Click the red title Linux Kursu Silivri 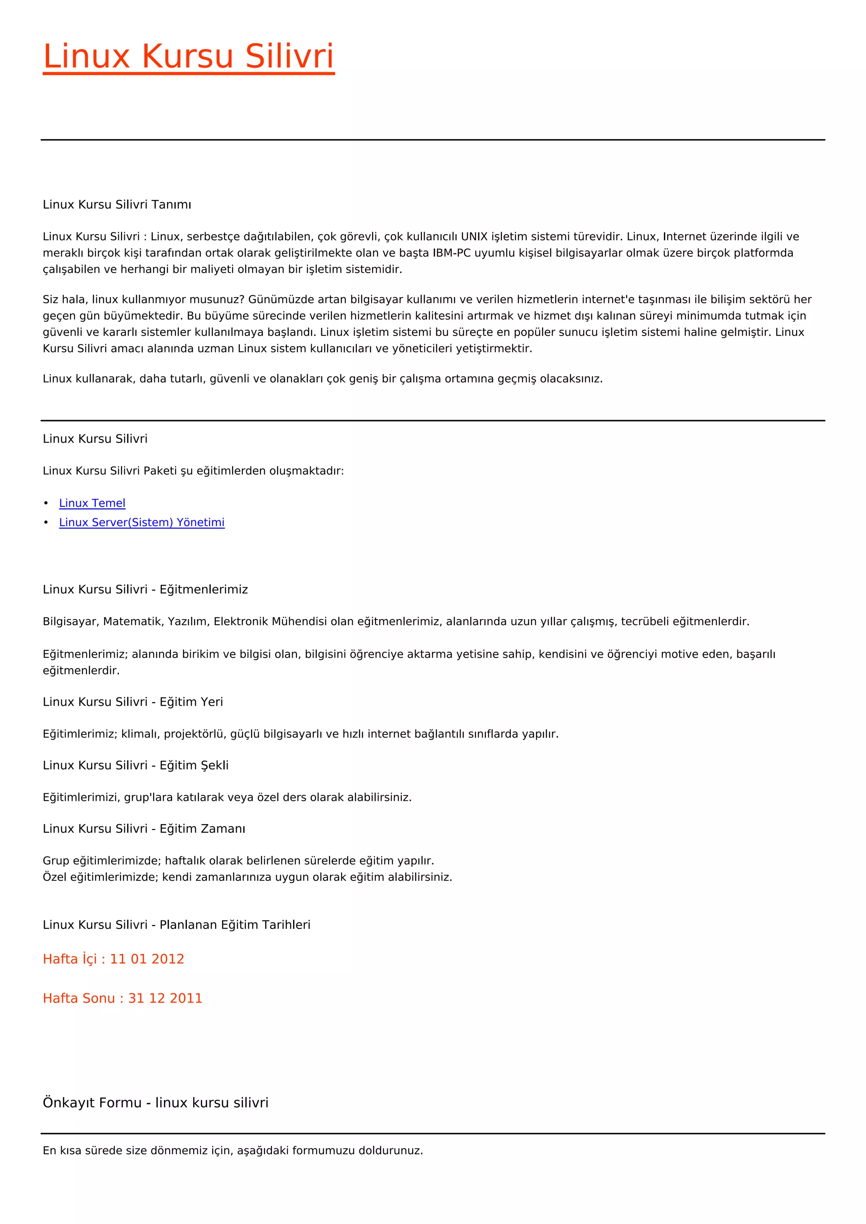click(188, 57)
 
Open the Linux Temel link click(92, 503)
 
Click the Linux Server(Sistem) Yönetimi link click(142, 522)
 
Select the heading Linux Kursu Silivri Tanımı click(117, 205)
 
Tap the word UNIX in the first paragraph click(474, 237)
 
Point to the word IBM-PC click(452, 253)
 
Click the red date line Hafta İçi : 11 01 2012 click(114, 959)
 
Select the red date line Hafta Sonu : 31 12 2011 click(123, 998)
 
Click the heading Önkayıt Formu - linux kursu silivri click(156, 1102)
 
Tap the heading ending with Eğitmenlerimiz click(145, 590)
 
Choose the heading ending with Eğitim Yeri click(133, 702)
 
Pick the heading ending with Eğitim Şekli click(135, 765)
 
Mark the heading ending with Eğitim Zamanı click(144, 829)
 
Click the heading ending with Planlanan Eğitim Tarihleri click(176, 925)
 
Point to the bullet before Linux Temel click(47, 503)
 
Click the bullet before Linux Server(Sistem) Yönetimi click(47, 522)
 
